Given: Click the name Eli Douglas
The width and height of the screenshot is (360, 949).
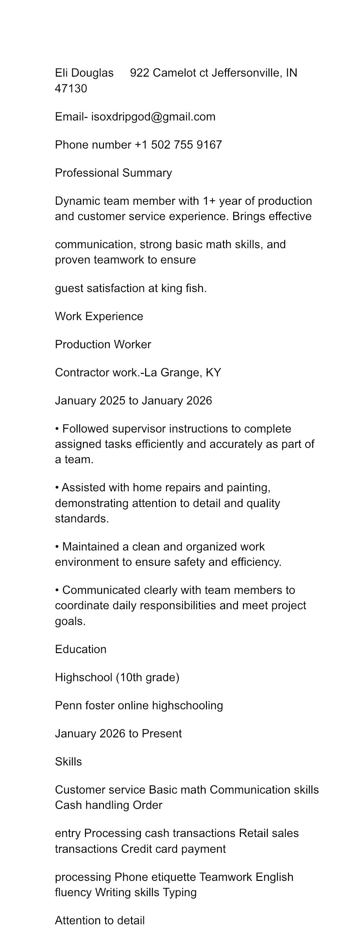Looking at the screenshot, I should click(84, 73).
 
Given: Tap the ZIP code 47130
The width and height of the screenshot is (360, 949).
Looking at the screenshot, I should click(71, 89).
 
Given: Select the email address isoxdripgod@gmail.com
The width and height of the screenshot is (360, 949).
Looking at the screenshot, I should click(153, 117).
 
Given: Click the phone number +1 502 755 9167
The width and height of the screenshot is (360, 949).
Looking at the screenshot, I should click(178, 145).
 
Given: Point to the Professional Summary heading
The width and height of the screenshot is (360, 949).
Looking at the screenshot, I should click(114, 173).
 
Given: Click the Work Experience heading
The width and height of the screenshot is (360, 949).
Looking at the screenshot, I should click(99, 316).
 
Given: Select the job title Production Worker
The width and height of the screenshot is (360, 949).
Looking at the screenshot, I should click(103, 344).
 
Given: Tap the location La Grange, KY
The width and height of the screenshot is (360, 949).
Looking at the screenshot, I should click(183, 373).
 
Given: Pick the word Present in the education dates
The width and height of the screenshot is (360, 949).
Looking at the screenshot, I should click(162, 734).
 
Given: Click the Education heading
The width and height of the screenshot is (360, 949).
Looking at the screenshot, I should click(81, 649).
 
